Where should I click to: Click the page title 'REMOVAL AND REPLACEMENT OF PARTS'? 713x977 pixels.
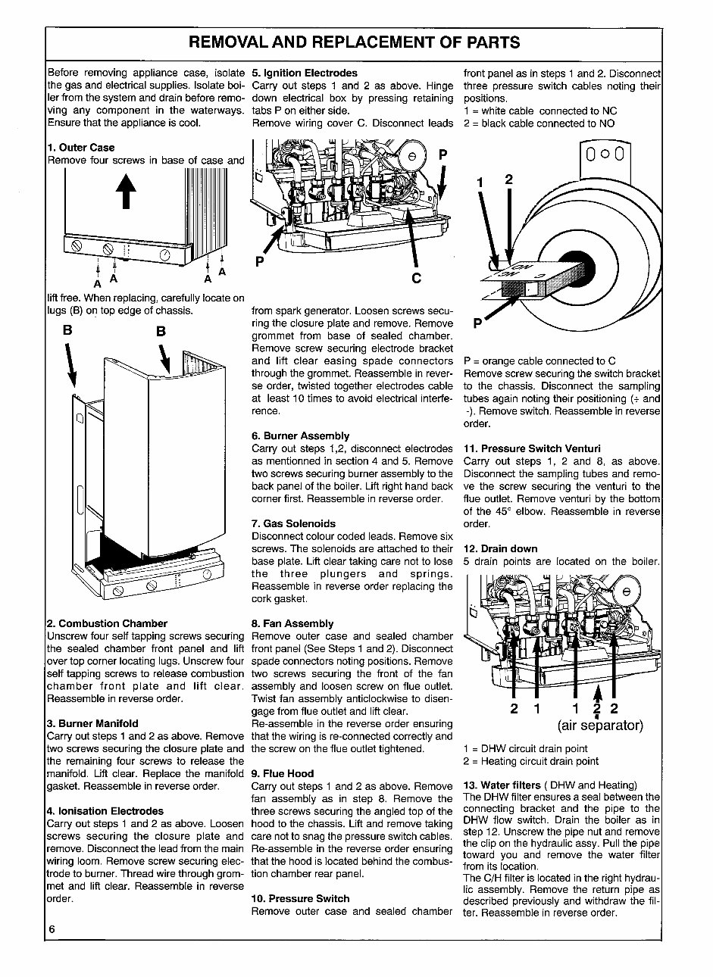pyautogui.click(x=354, y=42)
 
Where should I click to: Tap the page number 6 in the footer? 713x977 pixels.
pyautogui.click(x=52, y=929)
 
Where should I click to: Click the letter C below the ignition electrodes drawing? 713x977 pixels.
pyautogui.click(x=416, y=279)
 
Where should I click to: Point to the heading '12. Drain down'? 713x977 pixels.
pyautogui.click(x=500, y=548)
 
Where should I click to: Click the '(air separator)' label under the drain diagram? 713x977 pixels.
pyautogui.click(x=600, y=726)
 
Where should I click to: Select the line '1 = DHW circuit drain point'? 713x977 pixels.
pyautogui.click(x=525, y=749)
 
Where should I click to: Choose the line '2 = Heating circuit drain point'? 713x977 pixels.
pyautogui.click(x=530, y=761)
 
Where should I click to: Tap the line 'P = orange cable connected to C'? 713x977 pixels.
pyautogui.click(x=539, y=361)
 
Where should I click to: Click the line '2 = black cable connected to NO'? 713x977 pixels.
pyautogui.click(x=539, y=123)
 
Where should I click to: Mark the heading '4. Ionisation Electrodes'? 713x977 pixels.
pyautogui.click(x=105, y=811)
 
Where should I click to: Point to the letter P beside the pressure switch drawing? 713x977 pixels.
pyautogui.click(x=477, y=324)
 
